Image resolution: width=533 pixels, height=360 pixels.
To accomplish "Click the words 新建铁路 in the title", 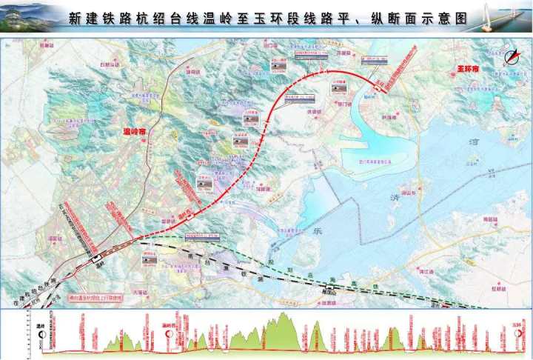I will [95, 19].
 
